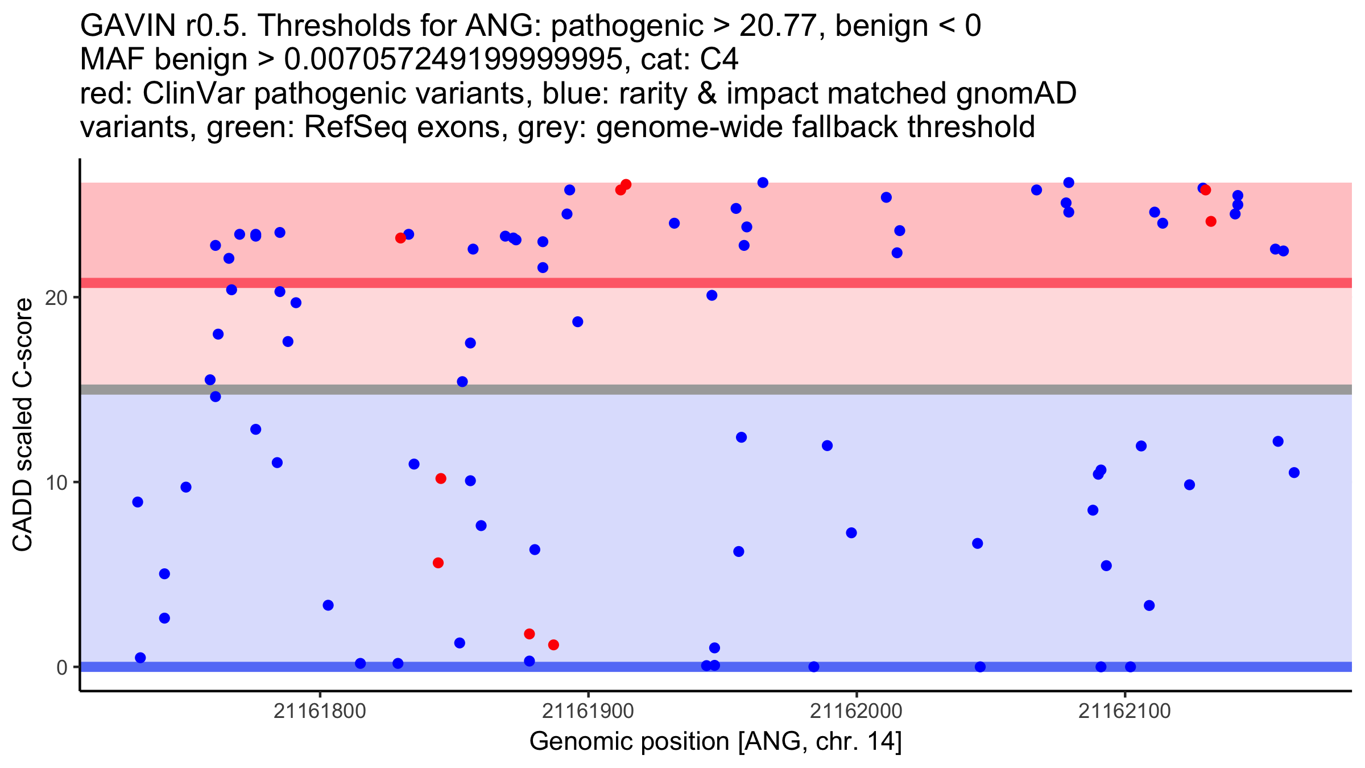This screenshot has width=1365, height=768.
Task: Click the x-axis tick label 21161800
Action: (320, 711)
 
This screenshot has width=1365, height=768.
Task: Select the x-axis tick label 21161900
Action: (588, 711)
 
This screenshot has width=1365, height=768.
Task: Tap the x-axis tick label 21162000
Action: (856, 711)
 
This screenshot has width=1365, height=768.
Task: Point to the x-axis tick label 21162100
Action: (1124, 711)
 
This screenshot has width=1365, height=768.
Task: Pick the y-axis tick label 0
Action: (62, 667)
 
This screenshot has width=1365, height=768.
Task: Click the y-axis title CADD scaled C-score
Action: (23, 425)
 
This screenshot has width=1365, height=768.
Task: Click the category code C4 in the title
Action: (720, 59)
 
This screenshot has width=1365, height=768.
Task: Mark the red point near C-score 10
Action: (441, 478)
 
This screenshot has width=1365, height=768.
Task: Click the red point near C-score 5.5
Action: (438, 563)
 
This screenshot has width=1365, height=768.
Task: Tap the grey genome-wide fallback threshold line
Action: (716, 390)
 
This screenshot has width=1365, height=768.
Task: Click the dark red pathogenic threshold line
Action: (716, 283)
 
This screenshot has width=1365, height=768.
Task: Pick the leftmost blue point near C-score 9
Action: (138, 502)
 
